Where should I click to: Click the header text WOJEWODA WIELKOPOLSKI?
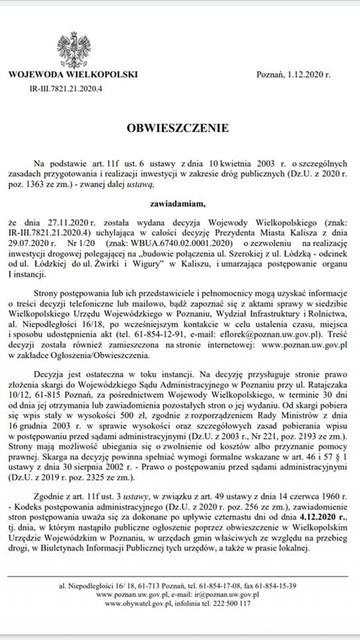coord(73,74)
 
